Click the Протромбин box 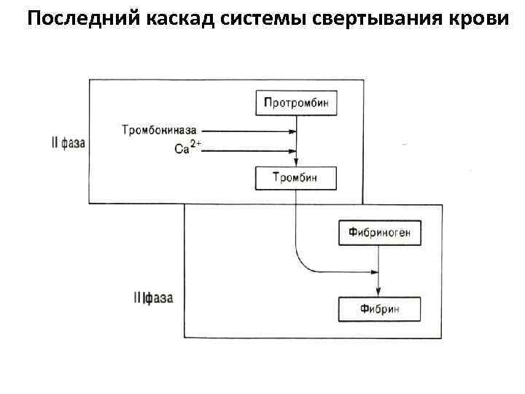295,103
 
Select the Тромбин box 295,177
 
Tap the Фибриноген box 379,233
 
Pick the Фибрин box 379,309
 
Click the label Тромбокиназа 159,131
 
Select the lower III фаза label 154,298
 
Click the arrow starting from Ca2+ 248,152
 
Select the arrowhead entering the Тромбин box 295,162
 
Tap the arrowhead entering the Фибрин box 379,293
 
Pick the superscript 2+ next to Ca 195,145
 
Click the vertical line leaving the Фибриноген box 379,259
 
